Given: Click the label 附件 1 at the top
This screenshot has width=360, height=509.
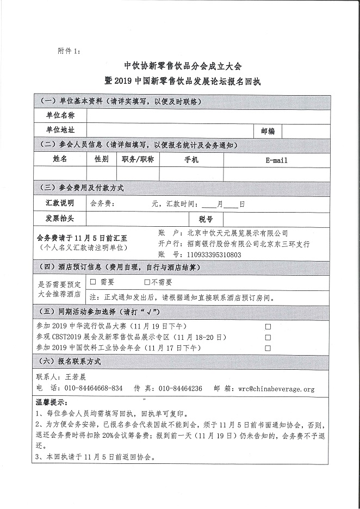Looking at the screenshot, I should pyautogui.click(x=69, y=51).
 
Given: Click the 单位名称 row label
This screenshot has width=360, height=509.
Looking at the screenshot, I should pyautogui.click(x=60, y=116).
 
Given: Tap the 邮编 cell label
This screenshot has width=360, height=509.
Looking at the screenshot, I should pyautogui.click(x=268, y=131).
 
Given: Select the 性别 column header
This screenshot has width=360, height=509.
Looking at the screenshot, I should pyautogui.click(x=102, y=159).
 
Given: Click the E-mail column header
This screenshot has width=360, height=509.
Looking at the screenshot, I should pyautogui.click(x=276, y=160).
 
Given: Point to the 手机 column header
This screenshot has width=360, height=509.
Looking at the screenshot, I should pyautogui.click(x=191, y=160).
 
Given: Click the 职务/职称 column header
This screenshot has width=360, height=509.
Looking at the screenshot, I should pyautogui.click(x=138, y=159).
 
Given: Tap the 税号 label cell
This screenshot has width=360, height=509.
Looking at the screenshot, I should pyautogui.click(x=206, y=218).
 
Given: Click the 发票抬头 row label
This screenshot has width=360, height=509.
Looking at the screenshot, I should pyautogui.click(x=60, y=218).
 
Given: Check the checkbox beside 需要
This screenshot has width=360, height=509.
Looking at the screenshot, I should pyautogui.click(x=93, y=282).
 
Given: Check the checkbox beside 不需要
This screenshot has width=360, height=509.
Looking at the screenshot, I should pyautogui.click(x=147, y=282).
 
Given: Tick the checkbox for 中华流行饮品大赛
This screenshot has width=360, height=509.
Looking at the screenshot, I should pyautogui.click(x=267, y=327).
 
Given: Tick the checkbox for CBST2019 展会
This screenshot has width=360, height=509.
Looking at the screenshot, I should pyautogui.click(x=267, y=337).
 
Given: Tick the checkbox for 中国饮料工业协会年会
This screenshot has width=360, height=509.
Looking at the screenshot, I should pyautogui.click(x=267, y=347).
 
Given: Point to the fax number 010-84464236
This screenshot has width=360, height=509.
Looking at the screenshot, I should pyautogui.click(x=180, y=388).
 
